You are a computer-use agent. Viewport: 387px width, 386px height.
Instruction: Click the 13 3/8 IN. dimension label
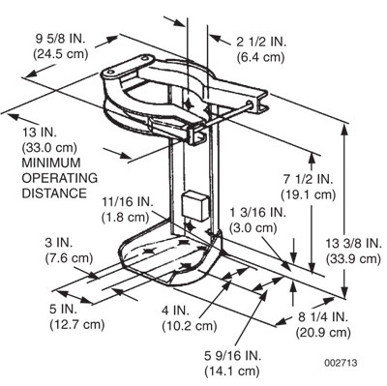352,243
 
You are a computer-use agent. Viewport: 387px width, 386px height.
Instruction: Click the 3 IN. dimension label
57,242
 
